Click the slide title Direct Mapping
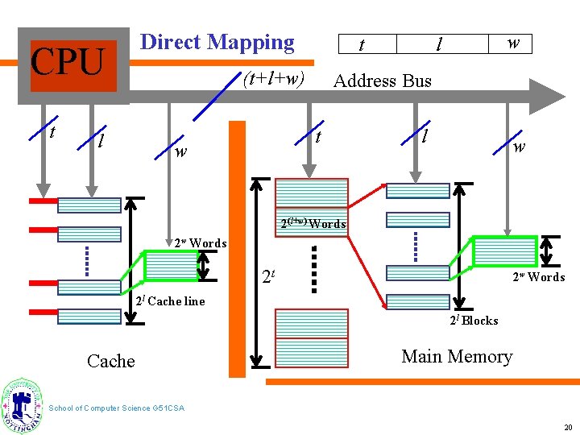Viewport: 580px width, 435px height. pos(217,42)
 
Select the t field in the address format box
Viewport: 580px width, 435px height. pos(361,44)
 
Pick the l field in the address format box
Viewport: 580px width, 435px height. pos(439,44)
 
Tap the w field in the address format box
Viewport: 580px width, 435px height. pos(512,43)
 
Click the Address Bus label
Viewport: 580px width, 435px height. pos(382,81)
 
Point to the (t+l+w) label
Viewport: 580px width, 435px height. pos(273,79)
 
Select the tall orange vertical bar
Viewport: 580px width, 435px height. pos(237,249)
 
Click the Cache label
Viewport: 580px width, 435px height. pos(110,361)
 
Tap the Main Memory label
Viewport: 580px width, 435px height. pos(457,356)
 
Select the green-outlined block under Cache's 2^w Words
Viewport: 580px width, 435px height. pos(171,265)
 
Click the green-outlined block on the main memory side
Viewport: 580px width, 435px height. pos(504,251)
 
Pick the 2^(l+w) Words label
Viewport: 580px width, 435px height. pos(313,223)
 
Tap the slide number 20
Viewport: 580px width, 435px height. pos(567,428)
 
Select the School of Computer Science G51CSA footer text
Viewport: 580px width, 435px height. pos(117,408)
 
